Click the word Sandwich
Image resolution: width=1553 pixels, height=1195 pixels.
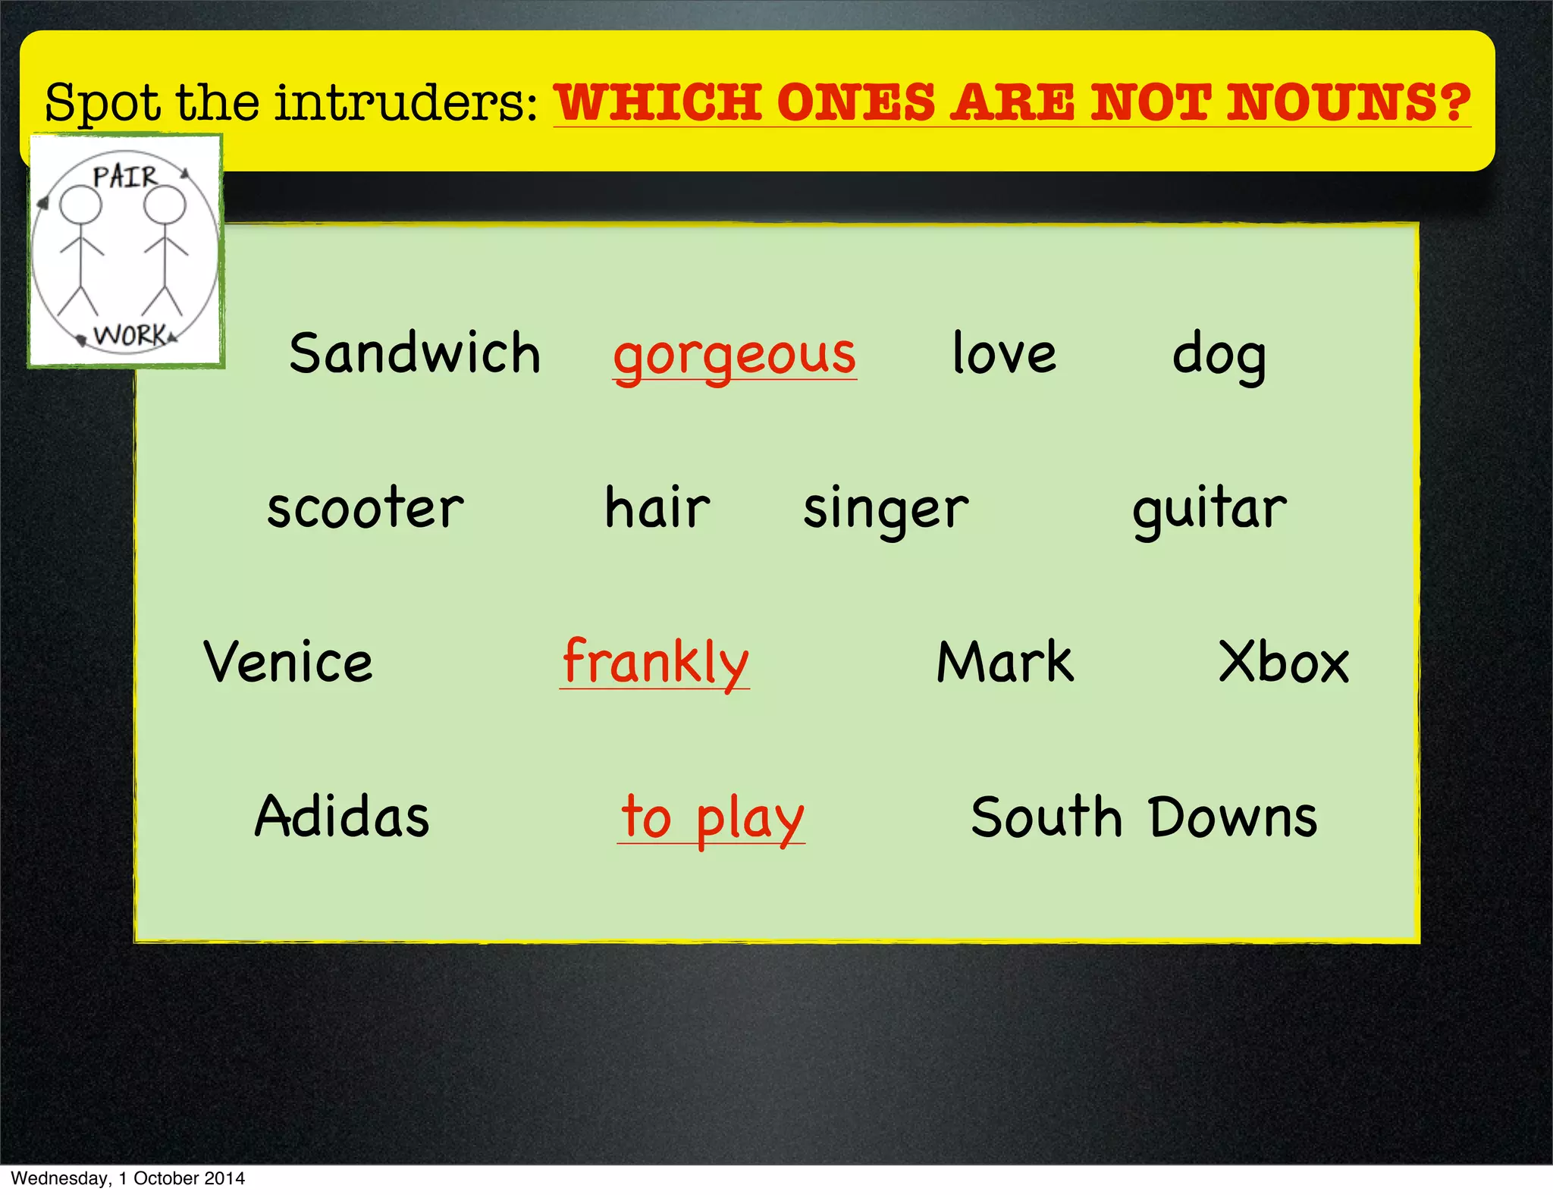click(x=415, y=353)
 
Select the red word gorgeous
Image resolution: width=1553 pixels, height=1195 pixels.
click(x=734, y=355)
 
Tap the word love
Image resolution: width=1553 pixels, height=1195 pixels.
click(x=1003, y=353)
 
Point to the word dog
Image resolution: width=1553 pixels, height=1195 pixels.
click(x=1219, y=355)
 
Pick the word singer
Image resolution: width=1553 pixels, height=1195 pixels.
click(x=886, y=510)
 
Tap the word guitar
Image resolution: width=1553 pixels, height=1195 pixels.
click(x=1209, y=510)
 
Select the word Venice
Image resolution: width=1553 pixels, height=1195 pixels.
click(x=288, y=662)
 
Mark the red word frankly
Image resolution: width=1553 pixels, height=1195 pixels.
click(x=655, y=663)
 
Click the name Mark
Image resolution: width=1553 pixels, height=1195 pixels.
click(x=1005, y=662)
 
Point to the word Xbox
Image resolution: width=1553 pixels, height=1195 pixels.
click(x=1283, y=662)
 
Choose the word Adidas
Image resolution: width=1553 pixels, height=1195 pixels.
click(x=342, y=817)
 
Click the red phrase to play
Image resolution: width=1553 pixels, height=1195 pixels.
click(x=711, y=818)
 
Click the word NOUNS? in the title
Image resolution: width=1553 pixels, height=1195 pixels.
click(x=1349, y=102)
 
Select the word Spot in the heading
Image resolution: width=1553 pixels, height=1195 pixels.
click(x=103, y=103)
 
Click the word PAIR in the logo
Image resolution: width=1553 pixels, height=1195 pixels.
click(x=124, y=177)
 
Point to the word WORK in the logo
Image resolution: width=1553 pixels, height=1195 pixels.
click(x=130, y=334)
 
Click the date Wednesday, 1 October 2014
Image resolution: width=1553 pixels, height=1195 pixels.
click(x=127, y=1178)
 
